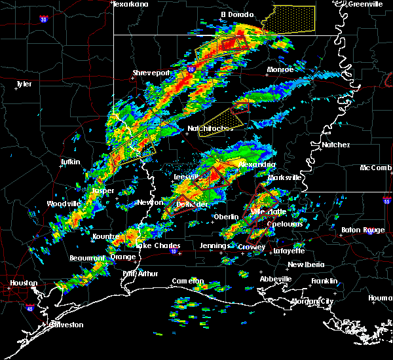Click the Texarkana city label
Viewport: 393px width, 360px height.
pos(130,4)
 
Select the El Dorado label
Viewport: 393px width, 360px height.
pos(236,14)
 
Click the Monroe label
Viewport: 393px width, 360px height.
pos(280,69)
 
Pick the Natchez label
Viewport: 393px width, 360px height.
pos(336,145)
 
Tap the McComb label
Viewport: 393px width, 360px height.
pos(376,168)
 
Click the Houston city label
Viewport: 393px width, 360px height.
pos(23,283)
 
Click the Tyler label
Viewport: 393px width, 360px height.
pos(24,84)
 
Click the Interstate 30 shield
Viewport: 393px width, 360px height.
pos(43,20)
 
